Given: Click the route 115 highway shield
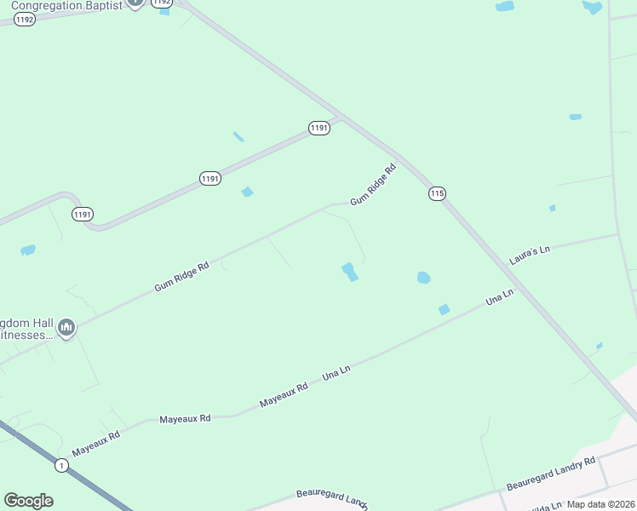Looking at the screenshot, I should pyautogui.click(x=437, y=193).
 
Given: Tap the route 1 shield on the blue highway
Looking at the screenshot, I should pyautogui.click(x=61, y=465).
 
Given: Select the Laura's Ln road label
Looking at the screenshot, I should pyautogui.click(x=531, y=255).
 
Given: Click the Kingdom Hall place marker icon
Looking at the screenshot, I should pyautogui.click(x=66, y=327).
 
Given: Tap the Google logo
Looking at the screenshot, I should pyautogui.click(x=28, y=501).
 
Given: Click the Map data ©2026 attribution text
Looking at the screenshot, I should pyautogui.click(x=601, y=504).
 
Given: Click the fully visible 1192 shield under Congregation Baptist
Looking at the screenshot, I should pyautogui.click(x=25, y=19).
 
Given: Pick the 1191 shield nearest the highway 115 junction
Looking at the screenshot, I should pyautogui.click(x=318, y=128).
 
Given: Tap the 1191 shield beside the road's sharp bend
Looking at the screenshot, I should pyautogui.click(x=83, y=214).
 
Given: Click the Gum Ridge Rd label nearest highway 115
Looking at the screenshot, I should pyautogui.click(x=374, y=185).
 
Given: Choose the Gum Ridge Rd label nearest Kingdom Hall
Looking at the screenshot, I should pyautogui.click(x=181, y=278).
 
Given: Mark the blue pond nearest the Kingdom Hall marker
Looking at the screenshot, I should pyautogui.click(x=28, y=250).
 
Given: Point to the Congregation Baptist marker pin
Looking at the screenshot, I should pyautogui.click(x=135, y=3).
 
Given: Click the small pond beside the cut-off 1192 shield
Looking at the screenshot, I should pyautogui.click(x=164, y=12).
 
